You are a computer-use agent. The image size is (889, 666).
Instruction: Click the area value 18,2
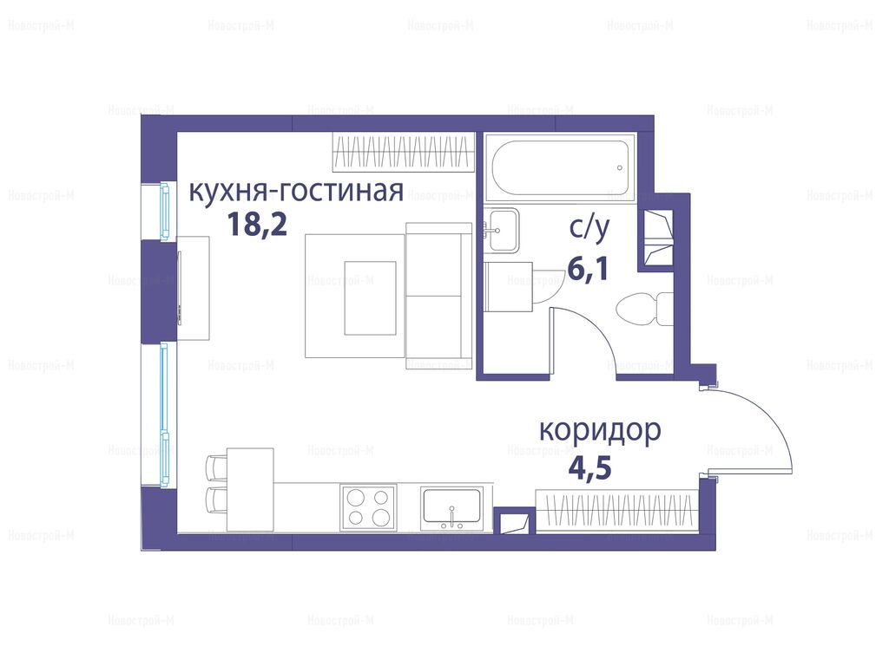pos(257,225)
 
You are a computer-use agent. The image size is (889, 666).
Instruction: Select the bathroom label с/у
pos(589,228)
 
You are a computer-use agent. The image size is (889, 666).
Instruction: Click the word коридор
pos(600,430)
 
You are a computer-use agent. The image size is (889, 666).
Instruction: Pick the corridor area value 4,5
pos(589,468)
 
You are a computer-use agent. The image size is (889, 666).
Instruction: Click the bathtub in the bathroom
pos(560,167)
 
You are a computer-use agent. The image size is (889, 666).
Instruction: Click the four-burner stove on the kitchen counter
pos(368,507)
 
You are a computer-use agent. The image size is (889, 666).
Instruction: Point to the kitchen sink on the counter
pos(451,508)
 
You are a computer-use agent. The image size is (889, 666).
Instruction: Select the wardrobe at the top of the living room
pos(404,152)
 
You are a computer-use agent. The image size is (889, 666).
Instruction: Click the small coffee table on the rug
pos(370,298)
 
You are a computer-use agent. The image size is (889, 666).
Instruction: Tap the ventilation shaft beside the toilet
pos(655,238)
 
